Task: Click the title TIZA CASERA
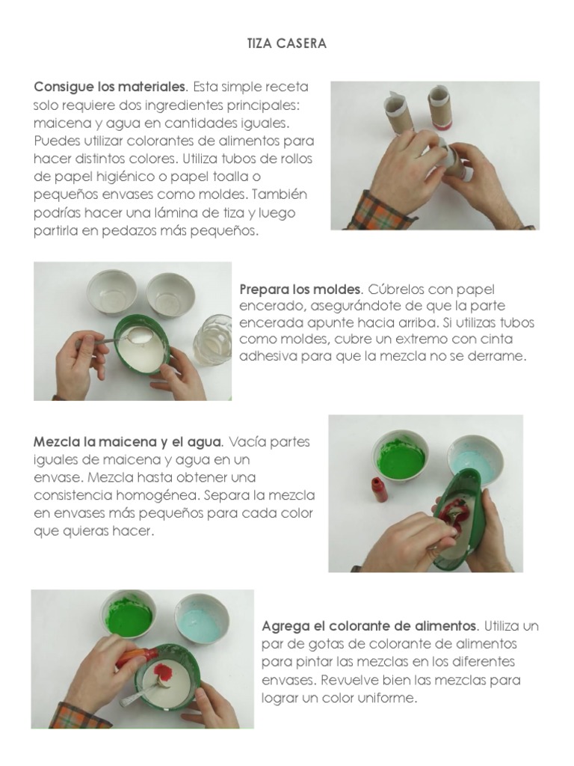[x=286, y=43]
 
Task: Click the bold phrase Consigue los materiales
[x=111, y=87]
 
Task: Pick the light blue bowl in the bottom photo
[x=202, y=619]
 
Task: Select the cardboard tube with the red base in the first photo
[x=439, y=108]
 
